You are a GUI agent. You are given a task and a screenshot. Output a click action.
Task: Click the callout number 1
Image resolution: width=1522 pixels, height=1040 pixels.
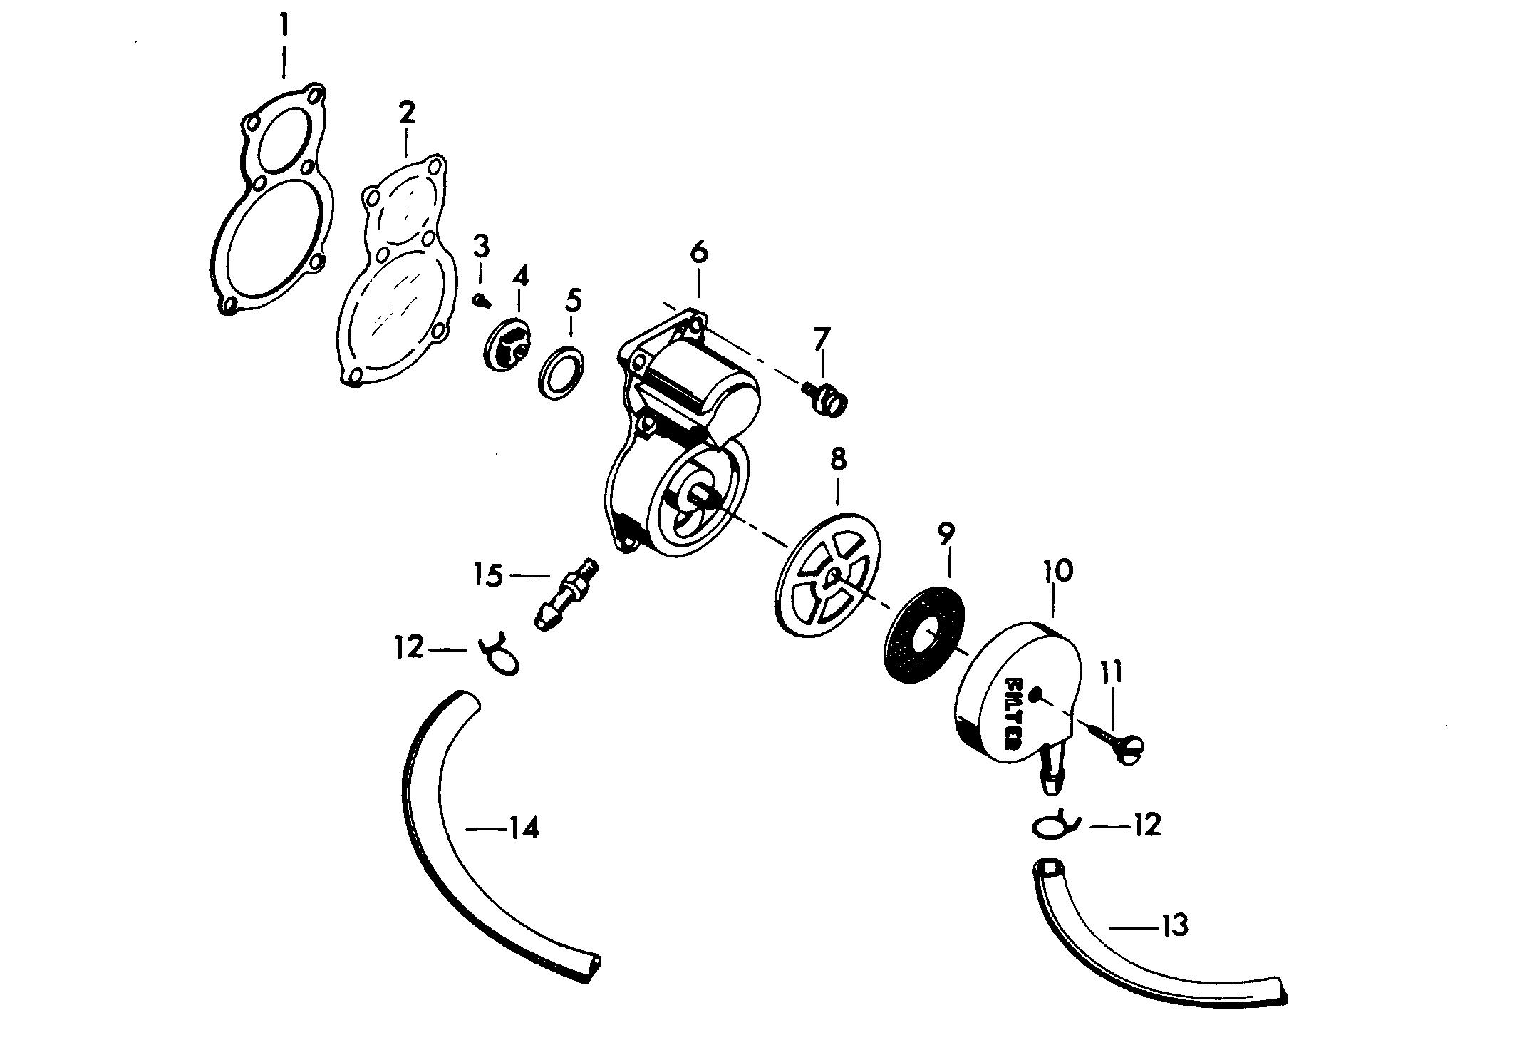pyautogui.click(x=284, y=26)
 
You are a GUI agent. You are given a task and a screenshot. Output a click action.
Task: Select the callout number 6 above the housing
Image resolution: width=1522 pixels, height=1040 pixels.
pyautogui.click(x=698, y=253)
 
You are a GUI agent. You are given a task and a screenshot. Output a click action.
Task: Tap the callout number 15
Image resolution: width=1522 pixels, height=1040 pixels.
pyautogui.click(x=490, y=576)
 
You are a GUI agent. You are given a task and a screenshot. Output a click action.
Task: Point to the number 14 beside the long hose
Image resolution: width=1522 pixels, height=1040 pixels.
pyautogui.click(x=524, y=828)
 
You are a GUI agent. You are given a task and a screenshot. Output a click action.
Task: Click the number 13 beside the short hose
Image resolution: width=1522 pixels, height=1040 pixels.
pyautogui.click(x=1174, y=926)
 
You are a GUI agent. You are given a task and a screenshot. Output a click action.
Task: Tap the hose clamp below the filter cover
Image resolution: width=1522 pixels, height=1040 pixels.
pyautogui.click(x=1055, y=825)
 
